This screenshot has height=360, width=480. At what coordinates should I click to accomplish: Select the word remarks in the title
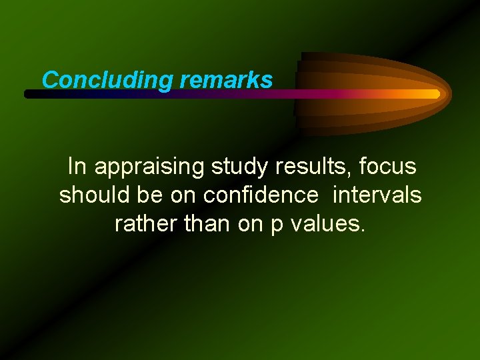(226, 80)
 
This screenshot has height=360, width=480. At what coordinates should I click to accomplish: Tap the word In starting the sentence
(77, 166)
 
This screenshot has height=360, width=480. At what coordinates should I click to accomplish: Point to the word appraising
(150, 167)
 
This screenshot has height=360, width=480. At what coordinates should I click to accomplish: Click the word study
(237, 167)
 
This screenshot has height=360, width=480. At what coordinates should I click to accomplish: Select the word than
(207, 224)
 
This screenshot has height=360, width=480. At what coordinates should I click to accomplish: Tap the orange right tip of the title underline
(434, 94)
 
